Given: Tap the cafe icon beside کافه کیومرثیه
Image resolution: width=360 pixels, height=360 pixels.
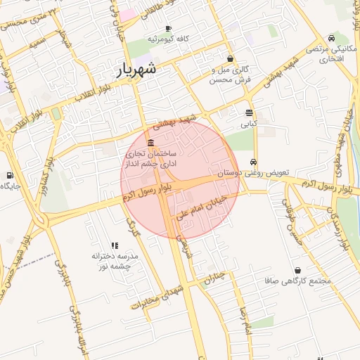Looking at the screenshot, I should pyautogui.click(x=167, y=28).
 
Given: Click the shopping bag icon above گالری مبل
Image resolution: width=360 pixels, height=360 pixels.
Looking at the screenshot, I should pyautogui.click(x=231, y=59).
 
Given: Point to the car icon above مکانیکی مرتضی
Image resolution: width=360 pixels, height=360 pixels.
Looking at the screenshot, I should pyautogui.click(x=331, y=37).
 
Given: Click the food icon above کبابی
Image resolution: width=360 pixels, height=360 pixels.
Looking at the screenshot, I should pyautogui.click(x=250, y=112).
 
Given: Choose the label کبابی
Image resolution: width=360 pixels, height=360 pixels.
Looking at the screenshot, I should pyautogui.click(x=250, y=123).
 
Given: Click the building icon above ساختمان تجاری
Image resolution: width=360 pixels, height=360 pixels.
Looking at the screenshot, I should pyautogui.click(x=152, y=143).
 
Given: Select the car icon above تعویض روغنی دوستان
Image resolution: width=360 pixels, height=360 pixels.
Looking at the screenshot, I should pyautogui.click(x=254, y=161).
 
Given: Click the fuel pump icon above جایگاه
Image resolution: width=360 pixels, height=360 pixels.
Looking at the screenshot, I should pyautogui.click(x=9, y=175).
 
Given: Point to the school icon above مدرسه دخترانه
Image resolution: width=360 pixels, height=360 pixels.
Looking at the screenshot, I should pyautogui.click(x=115, y=245).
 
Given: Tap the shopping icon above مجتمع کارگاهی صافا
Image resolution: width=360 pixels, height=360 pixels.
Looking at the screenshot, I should pyautogui.click(x=297, y=270).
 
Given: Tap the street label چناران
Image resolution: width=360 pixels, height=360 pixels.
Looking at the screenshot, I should pyautogui.click(x=218, y=278).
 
